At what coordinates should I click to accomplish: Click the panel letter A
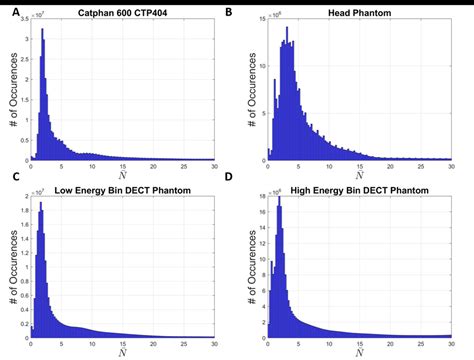point(7,10)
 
